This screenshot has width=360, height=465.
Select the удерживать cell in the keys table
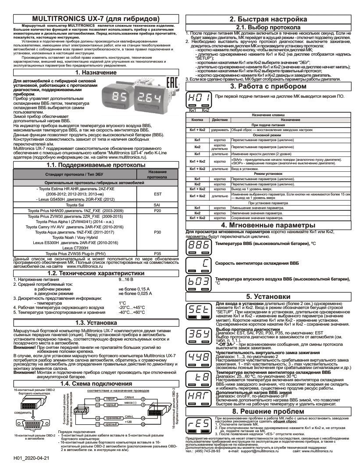(219, 130)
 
